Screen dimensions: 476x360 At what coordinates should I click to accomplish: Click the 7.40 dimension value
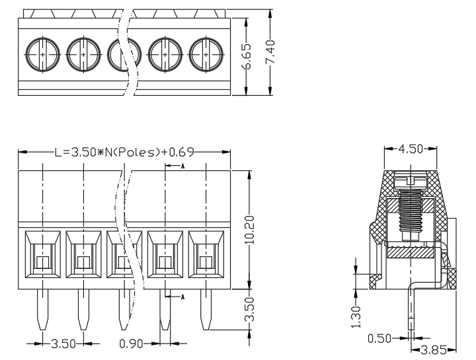(x=270, y=52)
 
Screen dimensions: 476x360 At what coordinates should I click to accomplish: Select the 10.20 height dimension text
(x=249, y=230)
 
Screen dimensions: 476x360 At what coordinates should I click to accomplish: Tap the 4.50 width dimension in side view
(x=411, y=149)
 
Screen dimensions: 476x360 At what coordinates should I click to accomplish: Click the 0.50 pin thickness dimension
(x=379, y=338)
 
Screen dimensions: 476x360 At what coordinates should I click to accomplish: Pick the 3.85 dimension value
(x=434, y=350)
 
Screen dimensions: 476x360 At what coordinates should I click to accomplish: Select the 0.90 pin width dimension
(x=131, y=343)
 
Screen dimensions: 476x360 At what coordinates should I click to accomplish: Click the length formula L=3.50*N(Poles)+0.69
(x=124, y=152)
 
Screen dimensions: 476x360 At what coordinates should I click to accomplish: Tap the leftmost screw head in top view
(x=42, y=55)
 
